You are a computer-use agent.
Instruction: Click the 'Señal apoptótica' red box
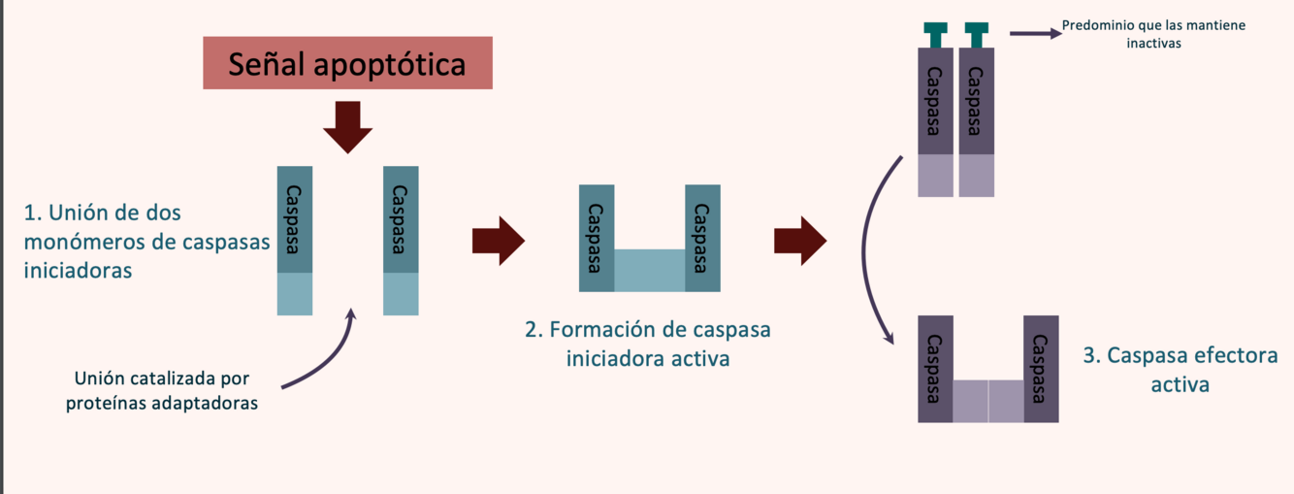pyautogui.click(x=347, y=63)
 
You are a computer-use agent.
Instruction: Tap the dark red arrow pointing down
pyautogui.click(x=347, y=126)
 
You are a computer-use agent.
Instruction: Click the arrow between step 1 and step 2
pyautogui.click(x=498, y=240)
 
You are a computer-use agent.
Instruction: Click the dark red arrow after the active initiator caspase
pyautogui.click(x=800, y=240)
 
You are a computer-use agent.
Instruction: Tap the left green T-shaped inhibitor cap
pyautogui.click(x=936, y=33)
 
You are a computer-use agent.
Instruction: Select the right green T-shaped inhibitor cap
pyautogui.click(x=977, y=33)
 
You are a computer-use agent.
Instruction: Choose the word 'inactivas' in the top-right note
pyautogui.click(x=1153, y=44)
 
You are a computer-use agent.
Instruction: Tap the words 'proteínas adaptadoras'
pyautogui.click(x=162, y=403)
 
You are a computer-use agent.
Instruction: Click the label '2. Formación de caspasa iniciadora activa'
pyautogui.click(x=647, y=344)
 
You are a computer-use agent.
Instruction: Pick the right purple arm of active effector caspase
pyautogui.click(x=1041, y=369)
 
